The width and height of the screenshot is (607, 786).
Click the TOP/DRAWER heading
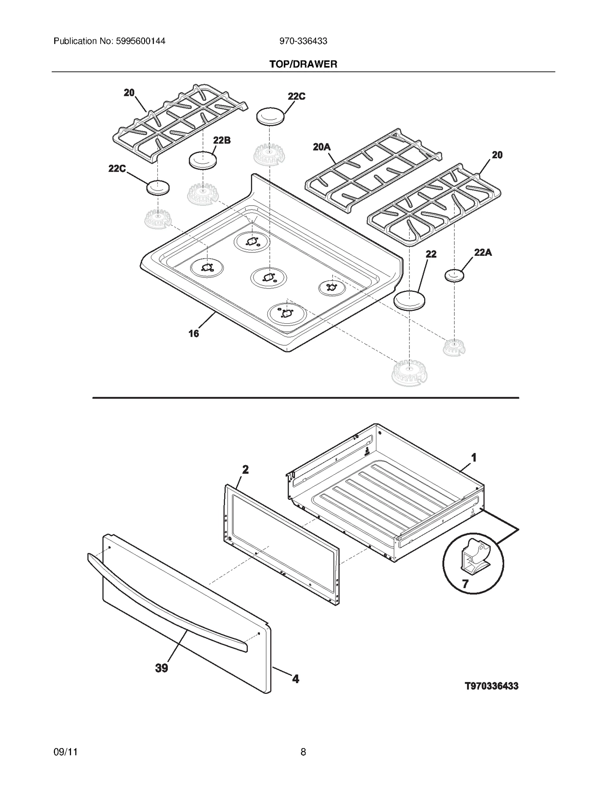click(303, 64)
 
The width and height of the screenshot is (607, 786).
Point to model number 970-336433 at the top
click(303, 41)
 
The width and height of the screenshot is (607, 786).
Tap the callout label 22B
click(222, 140)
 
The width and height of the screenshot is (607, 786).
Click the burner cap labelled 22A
click(454, 276)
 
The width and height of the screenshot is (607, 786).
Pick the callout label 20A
click(322, 147)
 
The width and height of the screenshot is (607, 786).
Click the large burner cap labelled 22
click(409, 301)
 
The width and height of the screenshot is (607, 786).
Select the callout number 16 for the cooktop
click(193, 334)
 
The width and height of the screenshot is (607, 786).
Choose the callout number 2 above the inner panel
click(245, 470)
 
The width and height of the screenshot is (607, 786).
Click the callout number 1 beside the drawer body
click(473, 458)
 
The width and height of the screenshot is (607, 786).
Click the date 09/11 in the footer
click(66, 752)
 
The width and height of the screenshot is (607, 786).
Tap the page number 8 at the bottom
click(303, 752)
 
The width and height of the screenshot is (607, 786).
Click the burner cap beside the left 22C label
click(158, 188)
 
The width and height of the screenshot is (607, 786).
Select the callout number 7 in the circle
click(465, 583)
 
